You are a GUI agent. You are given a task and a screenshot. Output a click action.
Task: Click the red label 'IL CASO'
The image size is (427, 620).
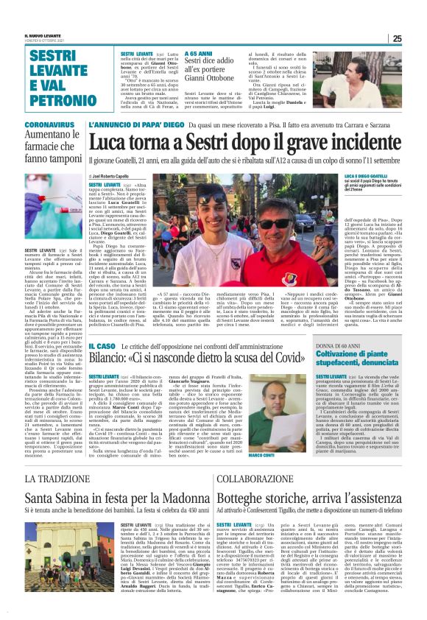[102, 347]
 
